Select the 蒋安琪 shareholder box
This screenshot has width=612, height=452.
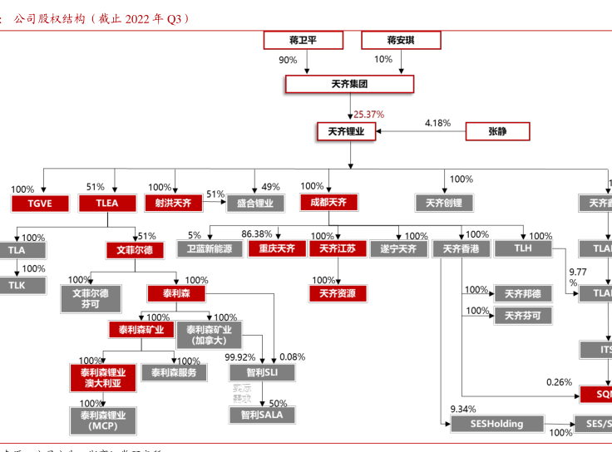point(400,40)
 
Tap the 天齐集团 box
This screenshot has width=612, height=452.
point(348,85)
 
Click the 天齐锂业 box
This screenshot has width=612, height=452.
point(347,130)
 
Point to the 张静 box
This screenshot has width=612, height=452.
point(497,130)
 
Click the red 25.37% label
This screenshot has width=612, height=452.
point(368,114)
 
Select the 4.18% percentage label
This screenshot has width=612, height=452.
point(437,123)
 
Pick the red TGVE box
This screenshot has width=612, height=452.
point(41,203)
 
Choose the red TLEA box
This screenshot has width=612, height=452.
point(107,203)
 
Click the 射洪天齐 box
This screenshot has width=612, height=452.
point(172,203)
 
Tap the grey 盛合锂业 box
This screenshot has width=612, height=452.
point(254,203)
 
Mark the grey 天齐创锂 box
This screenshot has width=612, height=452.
point(443,203)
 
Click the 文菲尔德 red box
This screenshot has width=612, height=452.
point(135,249)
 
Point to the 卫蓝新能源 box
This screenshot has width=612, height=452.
point(205,248)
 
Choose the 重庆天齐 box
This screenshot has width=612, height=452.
point(277,248)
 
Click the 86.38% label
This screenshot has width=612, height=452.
point(257,234)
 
